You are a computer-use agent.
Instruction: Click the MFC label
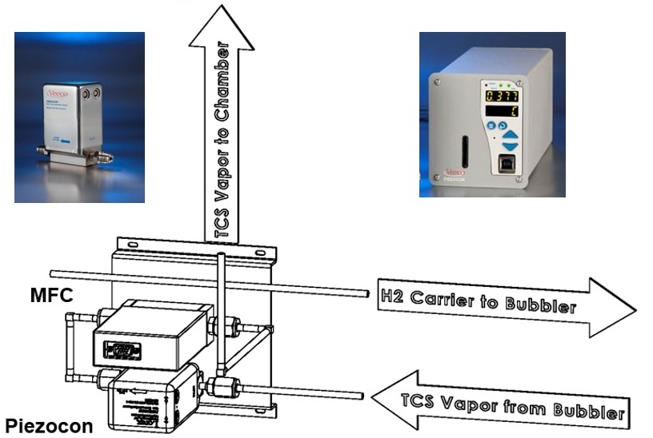click(52, 296)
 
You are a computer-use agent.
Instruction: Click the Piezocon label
click(49, 424)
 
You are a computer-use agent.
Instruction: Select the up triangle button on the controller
click(509, 137)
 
